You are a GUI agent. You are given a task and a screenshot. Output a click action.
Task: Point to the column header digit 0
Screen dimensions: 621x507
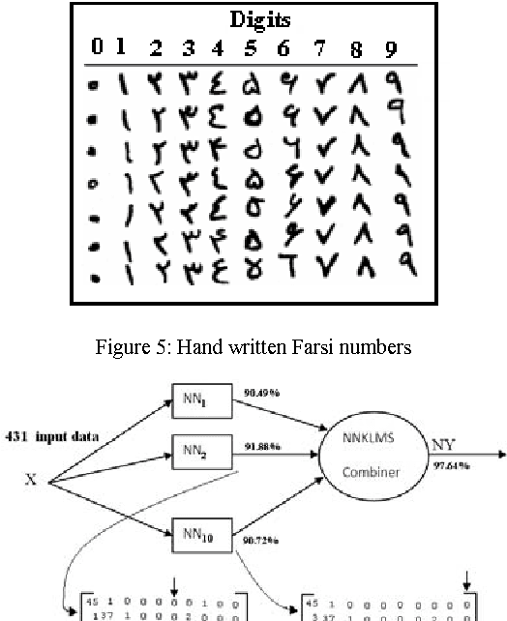click(97, 46)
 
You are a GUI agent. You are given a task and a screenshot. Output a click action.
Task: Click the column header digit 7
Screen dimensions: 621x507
click(318, 47)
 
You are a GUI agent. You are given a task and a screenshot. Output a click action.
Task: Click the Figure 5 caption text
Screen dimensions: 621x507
click(254, 346)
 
